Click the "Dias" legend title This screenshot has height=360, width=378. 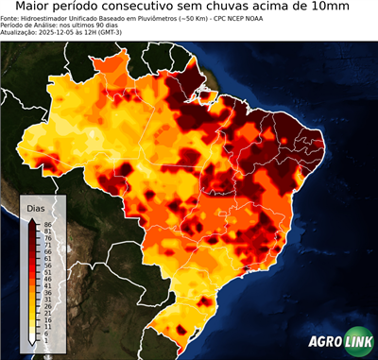(36, 208)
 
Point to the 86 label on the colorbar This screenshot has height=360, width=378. (45, 223)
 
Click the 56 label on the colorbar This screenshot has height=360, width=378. (45, 266)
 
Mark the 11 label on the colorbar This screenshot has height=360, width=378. (45, 327)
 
